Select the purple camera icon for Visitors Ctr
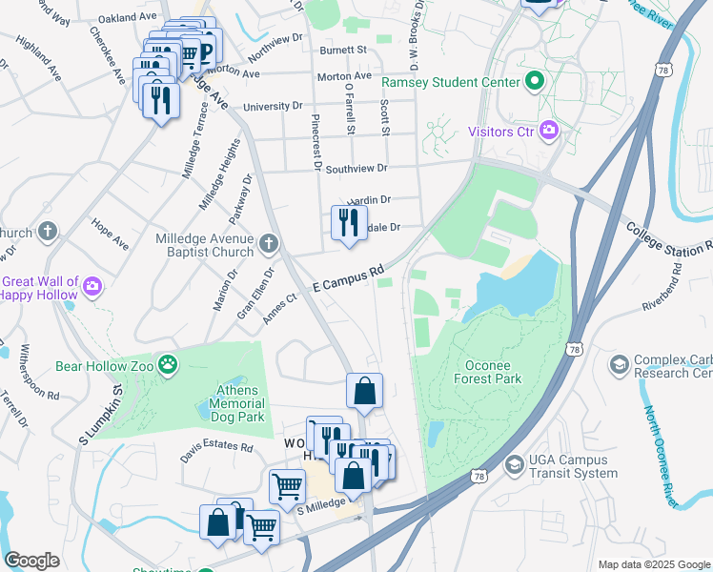(x=548, y=131)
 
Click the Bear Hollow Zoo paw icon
(x=168, y=364)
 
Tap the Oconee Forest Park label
(x=479, y=372)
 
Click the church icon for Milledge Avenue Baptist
(x=269, y=245)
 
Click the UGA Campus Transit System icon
(x=515, y=464)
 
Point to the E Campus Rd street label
(x=348, y=278)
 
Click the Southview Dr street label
(x=356, y=169)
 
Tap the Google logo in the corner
(x=31, y=561)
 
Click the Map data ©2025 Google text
(x=653, y=564)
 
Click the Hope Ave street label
(x=110, y=234)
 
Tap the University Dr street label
(x=273, y=107)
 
